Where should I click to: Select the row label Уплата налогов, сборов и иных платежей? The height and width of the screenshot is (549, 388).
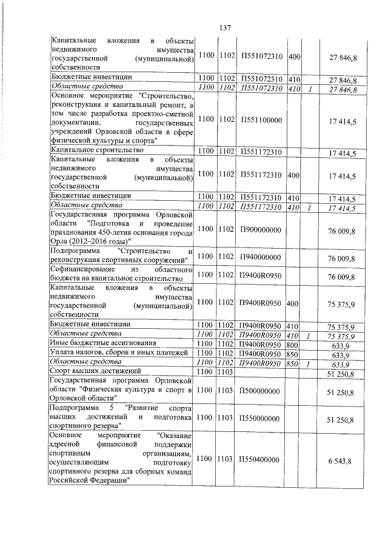pos(121,352)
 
